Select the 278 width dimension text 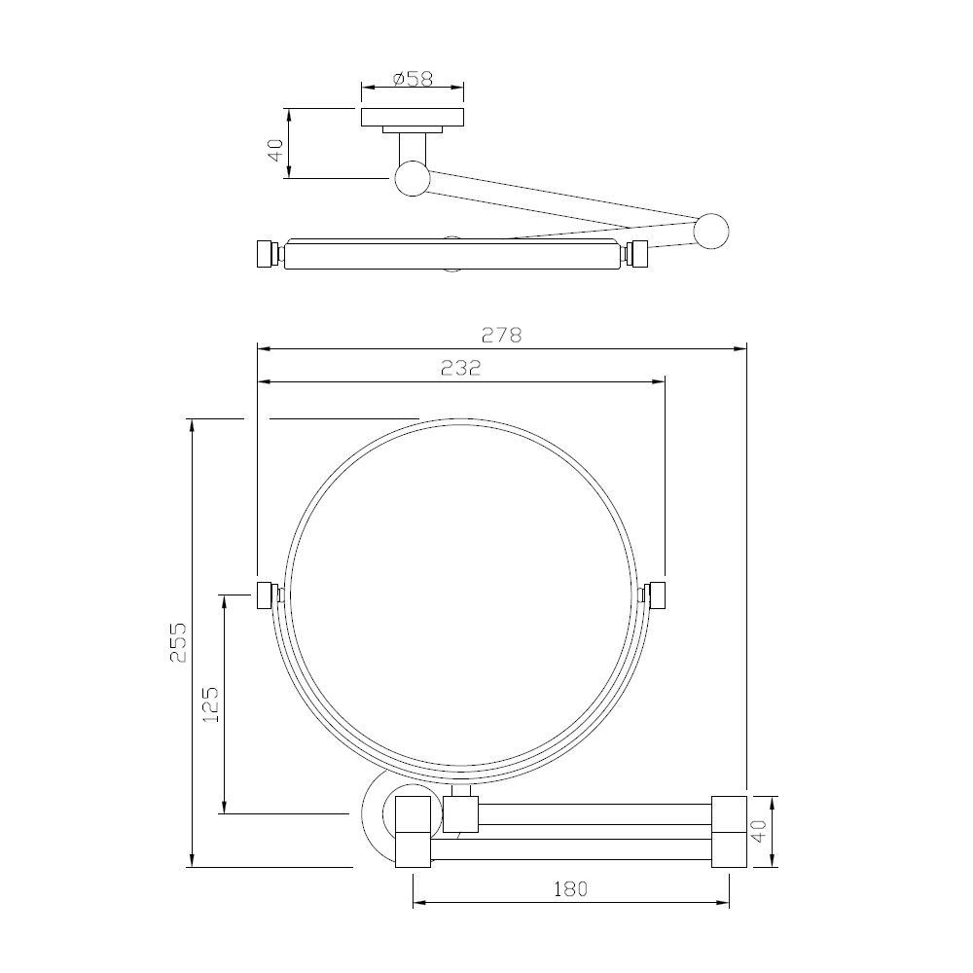click(502, 334)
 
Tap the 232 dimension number click(461, 369)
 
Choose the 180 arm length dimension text click(572, 888)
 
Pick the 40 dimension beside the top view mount click(275, 149)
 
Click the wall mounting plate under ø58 click(413, 117)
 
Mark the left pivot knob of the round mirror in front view click(265, 594)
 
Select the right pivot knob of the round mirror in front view click(656, 594)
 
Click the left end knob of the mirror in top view click(265, 254)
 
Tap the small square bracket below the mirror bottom click(462, 813)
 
